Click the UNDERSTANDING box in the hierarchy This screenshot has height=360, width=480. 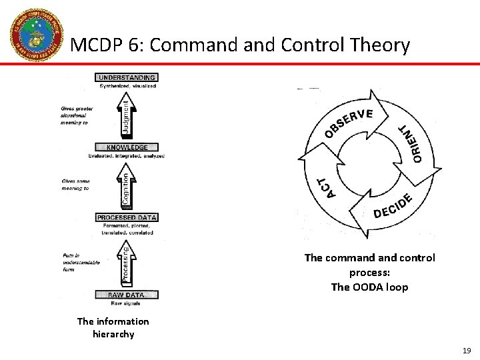pyautogui.click(x=127, y=77)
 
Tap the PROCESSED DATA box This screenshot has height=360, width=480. pyautogui.click(x=127, y=217)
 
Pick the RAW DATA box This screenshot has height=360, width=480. pyautogui.click(x=127, y=295)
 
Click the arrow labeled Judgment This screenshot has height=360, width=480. pyautogui.click(x=127, y=115)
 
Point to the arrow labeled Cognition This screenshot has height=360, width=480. pyautogui.click(x=127, y=187)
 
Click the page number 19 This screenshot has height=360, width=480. pyautogui.click(x=465, y=350)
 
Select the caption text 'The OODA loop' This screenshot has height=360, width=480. pyautogui.click(x=369, y=287)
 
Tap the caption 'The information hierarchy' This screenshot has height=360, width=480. pyautogui.click(x=113, y=327)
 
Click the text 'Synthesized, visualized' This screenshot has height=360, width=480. pyautogui.click(x=127, y=86)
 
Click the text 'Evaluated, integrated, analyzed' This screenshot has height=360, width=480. pyautogui.click(x=127, y=156)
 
